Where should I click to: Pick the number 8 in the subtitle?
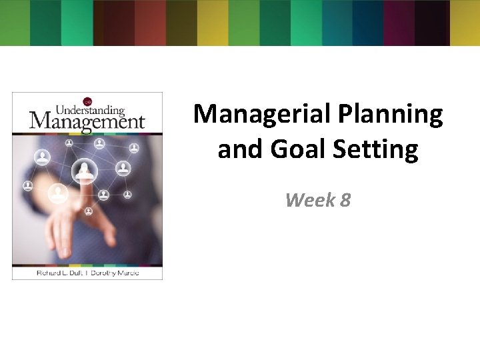(x=345, y=199)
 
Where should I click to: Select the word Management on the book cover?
(x=87, y=121)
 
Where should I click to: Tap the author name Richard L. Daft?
(x=56, y=273)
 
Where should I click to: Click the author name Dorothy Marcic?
(x=119, y=273)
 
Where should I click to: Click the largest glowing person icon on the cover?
(x=85, y=171)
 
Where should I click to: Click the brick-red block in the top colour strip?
(x=150, y=23)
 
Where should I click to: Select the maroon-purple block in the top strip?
(x=398, y=23)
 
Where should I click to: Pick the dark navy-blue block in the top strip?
(x=367, y=23)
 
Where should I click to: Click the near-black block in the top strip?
(x=430, y=23)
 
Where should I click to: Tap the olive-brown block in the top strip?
(x=181, y=23)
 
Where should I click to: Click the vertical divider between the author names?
(x=89, y=273)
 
